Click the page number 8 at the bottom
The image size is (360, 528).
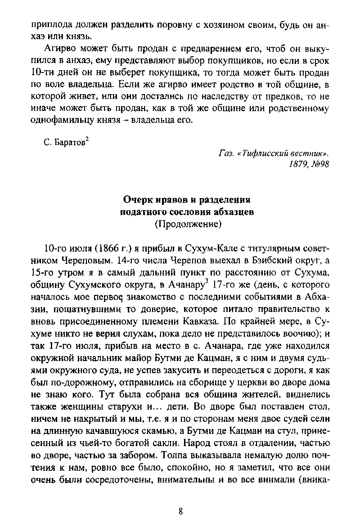coord(180,511)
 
